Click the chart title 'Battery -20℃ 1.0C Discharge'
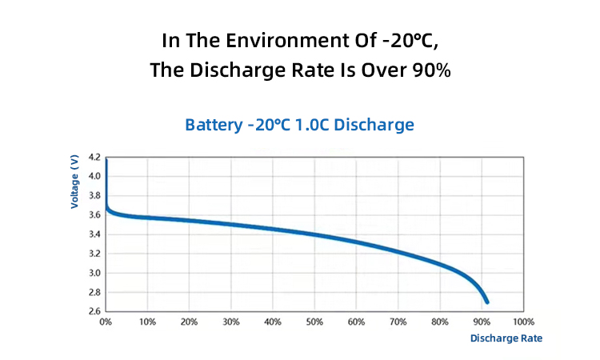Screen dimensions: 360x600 pyautogui.click(x=299, y=125)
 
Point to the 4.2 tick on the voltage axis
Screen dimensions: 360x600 pyautogui.click(x=94, y=157)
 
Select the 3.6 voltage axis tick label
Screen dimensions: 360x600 pyautogui.click(x=94, y=214)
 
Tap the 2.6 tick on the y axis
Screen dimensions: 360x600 pyautogui.click(x=94, y=311)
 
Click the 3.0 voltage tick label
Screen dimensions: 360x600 pyautogui.click(x=94, y=273)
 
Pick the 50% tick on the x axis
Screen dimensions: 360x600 pyautogui.click(x=314, y=322)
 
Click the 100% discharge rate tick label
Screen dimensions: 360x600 pyautogui.click(x=523, y=322)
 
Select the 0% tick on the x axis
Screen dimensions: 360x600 pyautogui.click(x=106, y=322)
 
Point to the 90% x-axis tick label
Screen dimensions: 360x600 pyautogui.click(x=482, y=322)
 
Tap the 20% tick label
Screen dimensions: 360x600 pyautogui.click(x=189, y=322)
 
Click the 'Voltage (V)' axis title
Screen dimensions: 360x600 pyautogui.click(x=74, y=182)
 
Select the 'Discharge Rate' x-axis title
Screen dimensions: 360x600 pyautogui.click(x=506, y=338)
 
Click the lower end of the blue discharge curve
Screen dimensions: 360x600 pyautogui.click(x=486, y=301)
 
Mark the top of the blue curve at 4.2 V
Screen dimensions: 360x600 pyautogui.click(x=106, y=161)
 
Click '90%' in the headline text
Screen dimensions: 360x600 pyautogui.click(x=431, y=70)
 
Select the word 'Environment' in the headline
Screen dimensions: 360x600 pyautogui.click(x=277, y=39)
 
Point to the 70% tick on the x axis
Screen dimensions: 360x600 pyautogui.click(x=398, y=322)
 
